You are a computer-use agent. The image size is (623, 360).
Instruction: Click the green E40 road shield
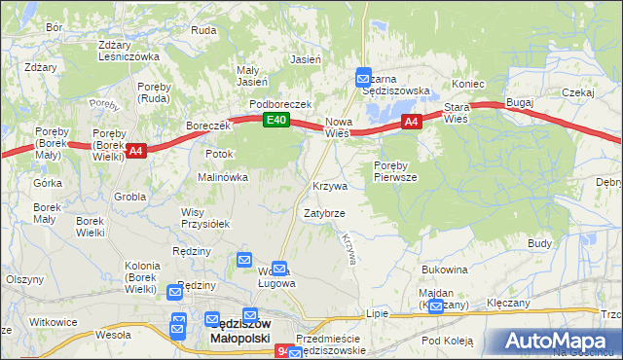(276, 120)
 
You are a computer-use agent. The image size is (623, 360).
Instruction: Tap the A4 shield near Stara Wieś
(412, 122)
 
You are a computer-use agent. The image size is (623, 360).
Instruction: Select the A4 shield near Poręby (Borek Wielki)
(135, 150)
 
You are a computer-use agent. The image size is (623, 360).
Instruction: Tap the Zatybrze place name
(323, 212)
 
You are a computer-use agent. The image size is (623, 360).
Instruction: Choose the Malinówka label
(223, 178)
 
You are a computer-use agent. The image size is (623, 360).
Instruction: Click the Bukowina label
(446, 269)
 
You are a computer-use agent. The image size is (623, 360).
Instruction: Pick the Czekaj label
(578, 92)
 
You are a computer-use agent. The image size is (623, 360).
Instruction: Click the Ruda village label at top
(203, 30)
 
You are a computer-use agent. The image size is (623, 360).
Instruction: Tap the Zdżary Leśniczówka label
(128, 51)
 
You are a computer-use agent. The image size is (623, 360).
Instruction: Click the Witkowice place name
(53, 321)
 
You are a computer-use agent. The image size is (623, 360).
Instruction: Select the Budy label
(540, 243)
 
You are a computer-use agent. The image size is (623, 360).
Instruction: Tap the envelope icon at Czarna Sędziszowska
(363, 75)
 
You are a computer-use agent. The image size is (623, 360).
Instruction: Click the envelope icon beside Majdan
(435, 306)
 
